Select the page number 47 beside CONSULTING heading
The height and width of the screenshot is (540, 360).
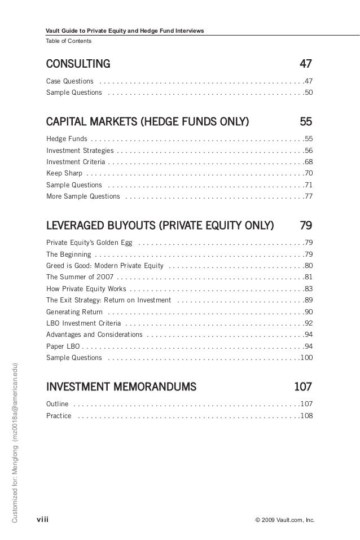coord(305,62)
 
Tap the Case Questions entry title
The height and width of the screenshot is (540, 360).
coord(70,81)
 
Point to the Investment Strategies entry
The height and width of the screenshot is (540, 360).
coord(80,151)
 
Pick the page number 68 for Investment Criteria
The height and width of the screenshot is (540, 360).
coord(308,162)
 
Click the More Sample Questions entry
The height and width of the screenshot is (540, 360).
coord(83,196)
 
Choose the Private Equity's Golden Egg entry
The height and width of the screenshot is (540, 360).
coord(90,243)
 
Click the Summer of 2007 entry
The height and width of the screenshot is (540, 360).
coord(80,277)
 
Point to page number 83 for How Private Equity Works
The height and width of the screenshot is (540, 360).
coord(308,288)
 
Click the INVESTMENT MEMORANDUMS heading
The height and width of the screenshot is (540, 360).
coord(121,387)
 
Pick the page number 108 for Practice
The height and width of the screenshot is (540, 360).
coord(306,416)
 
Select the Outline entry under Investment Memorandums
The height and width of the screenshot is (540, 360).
coord(58,404)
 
